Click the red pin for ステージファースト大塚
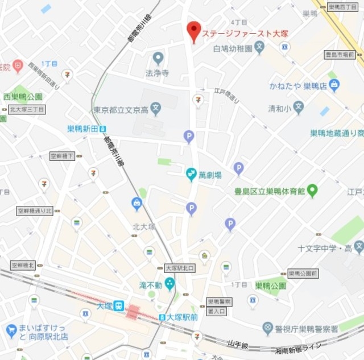click(194, 31)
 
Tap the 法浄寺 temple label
click(158, 73)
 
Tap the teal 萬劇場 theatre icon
click(192, 172)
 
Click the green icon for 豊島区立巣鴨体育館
click(312, 191)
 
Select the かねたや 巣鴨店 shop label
click(297, 86)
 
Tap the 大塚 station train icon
click(119, 305)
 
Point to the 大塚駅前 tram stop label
click(182, 317)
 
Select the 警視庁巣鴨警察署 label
click(308, 329)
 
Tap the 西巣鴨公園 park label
click(23, 97)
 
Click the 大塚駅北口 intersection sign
click(179, 268)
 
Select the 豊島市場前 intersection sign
click(340, 55)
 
